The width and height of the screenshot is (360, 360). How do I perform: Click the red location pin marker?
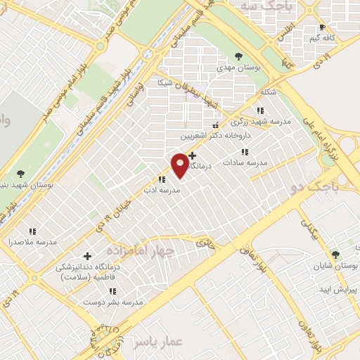tap(180, 164)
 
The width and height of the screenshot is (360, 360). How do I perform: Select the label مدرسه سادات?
tap(245, 162)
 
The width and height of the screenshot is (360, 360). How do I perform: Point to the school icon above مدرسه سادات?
tap(245, 152)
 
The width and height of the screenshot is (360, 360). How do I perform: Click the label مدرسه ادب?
tap(162, 190)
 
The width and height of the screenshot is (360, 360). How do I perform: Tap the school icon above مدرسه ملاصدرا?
tap(32, 231)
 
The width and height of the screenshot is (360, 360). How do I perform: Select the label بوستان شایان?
tap(336, 266)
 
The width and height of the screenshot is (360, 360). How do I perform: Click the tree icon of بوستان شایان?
tap(335, 255)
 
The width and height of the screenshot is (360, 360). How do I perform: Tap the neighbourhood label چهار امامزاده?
tap(134, 250)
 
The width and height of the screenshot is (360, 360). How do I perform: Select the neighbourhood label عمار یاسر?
tap(162, 341)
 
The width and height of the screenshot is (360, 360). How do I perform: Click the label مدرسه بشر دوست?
tap(112, 302)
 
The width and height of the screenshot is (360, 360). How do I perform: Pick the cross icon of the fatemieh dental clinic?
tap(87, 257)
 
